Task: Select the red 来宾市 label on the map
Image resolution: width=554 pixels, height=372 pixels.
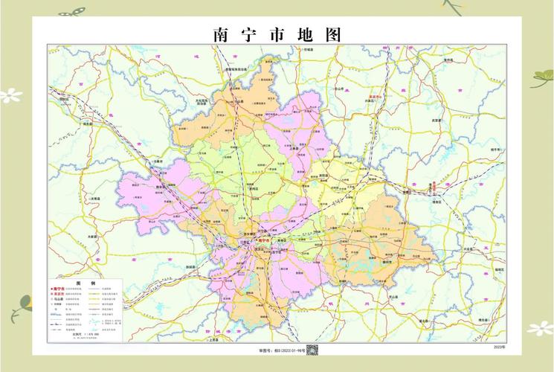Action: [375, 97]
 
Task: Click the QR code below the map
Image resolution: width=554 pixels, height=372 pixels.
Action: [313, 349]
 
